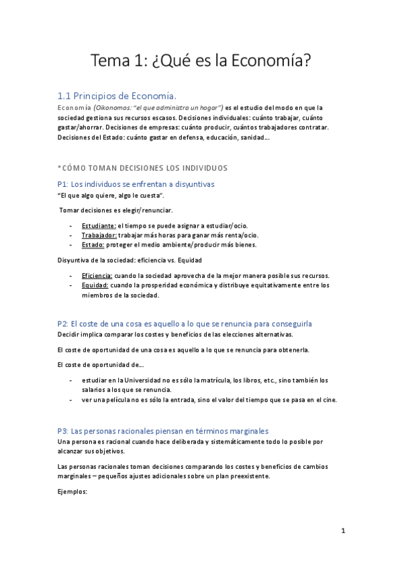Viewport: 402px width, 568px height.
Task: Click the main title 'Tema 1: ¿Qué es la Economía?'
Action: coord(201,62)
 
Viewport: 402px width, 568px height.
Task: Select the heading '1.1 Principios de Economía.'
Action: coord(117,95)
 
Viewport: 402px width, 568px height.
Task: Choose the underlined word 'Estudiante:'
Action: coord(99,226)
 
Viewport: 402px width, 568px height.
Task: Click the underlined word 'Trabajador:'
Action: coord(99,235)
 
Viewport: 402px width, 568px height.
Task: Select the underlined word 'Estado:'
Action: coord(93,244)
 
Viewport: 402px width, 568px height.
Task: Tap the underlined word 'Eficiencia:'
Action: coord(97,276)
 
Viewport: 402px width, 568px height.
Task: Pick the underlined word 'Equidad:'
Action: coord(95,285)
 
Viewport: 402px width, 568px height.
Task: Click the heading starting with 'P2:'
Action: coord(185,324)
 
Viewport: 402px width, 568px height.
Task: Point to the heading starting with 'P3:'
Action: coord(163,431)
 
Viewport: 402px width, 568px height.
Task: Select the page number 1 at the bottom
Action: coord(342,531)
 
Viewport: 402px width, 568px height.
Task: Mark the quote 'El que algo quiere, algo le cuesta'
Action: coord(111,195)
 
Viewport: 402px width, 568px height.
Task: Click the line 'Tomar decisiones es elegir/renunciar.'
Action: coord(116,210)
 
